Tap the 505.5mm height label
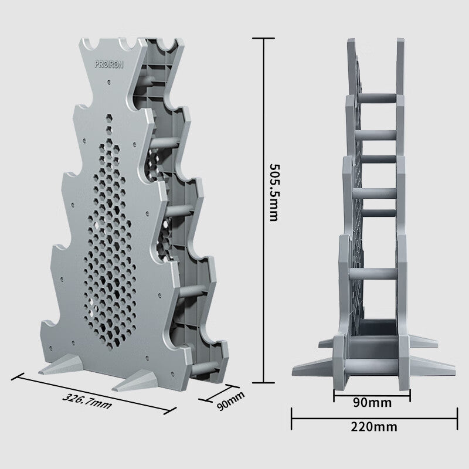pyautogui.click(x=271, y=191)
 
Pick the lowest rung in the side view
pyautogui.click(x=373, y=274)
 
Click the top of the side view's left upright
pyautogui.click(x=352, y=42)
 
